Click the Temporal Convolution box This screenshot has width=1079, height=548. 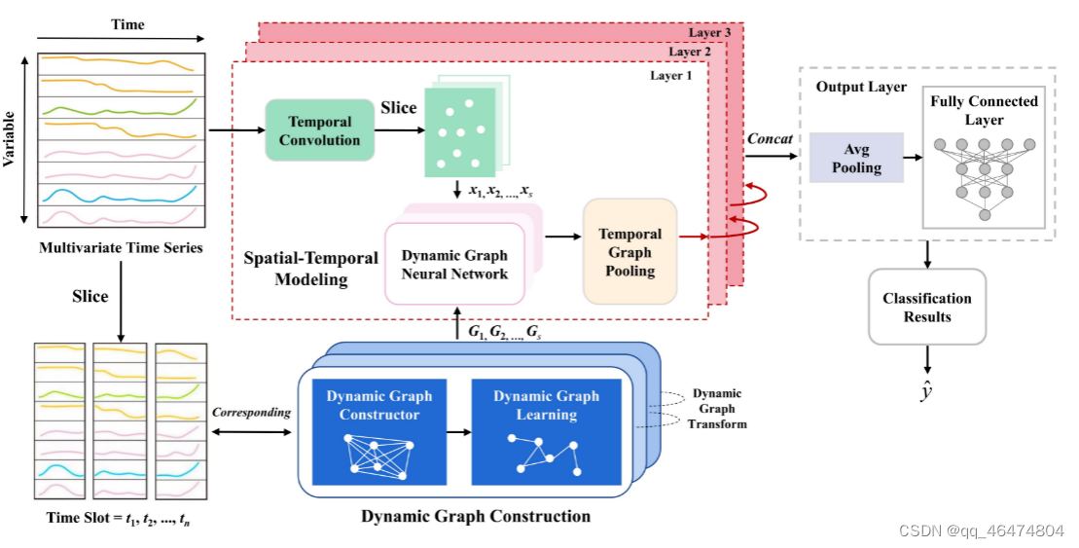pos(319,130)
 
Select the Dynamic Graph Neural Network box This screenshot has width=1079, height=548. pos(454,265)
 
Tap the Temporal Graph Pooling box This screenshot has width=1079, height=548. pos(629,252)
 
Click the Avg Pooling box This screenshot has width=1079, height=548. pos(856,159)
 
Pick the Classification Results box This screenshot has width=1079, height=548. pos(926,308)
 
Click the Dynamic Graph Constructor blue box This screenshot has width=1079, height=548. pos(378,431)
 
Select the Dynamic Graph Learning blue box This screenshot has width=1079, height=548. pos(547,431)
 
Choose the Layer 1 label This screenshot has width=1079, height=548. pos(670,75)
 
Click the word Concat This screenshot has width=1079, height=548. pos(770,139)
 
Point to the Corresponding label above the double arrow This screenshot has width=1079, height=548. pos(251,412)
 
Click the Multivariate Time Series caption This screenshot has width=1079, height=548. pos(121,247)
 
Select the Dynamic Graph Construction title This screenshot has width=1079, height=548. pos(476,516)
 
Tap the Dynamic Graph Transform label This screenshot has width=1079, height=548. pos(717,409)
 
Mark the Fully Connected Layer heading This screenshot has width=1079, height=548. pos(984,110)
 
